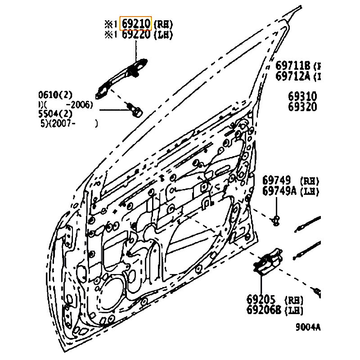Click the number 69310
tap(302, 97)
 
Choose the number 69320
tap(302, 107)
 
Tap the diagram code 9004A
tap(307, 328)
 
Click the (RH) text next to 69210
tap(163, 24)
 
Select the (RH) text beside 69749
tap(309, 181)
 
